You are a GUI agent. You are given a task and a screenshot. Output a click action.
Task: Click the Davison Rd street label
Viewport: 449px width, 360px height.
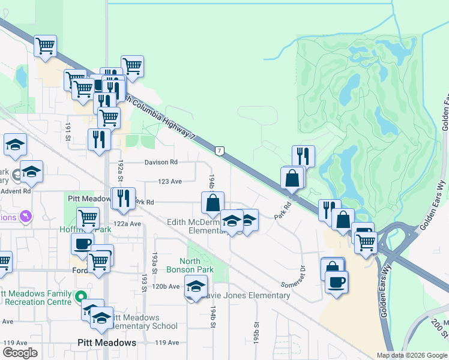161,162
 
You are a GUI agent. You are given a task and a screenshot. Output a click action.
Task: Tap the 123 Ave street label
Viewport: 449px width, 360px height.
169,181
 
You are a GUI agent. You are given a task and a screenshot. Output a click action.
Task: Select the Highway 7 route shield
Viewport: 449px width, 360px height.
220,151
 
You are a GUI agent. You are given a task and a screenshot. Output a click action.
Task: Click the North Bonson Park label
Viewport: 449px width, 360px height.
198,265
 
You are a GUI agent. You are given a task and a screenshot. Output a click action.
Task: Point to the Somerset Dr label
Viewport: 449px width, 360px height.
294,276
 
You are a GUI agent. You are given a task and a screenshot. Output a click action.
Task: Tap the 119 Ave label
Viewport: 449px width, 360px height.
167,343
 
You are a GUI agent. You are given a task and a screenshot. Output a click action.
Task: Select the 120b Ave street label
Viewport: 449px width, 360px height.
166,286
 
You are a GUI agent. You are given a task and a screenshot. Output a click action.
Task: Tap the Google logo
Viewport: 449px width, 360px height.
20,352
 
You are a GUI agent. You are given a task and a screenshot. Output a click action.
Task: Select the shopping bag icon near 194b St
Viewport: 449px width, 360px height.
212,203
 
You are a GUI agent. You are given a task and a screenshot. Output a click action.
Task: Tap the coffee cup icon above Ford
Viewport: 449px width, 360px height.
83,244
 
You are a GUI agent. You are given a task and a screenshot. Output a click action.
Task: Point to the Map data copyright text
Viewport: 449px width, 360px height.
412,355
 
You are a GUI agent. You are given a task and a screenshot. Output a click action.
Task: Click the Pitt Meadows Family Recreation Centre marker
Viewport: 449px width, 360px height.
79,296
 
